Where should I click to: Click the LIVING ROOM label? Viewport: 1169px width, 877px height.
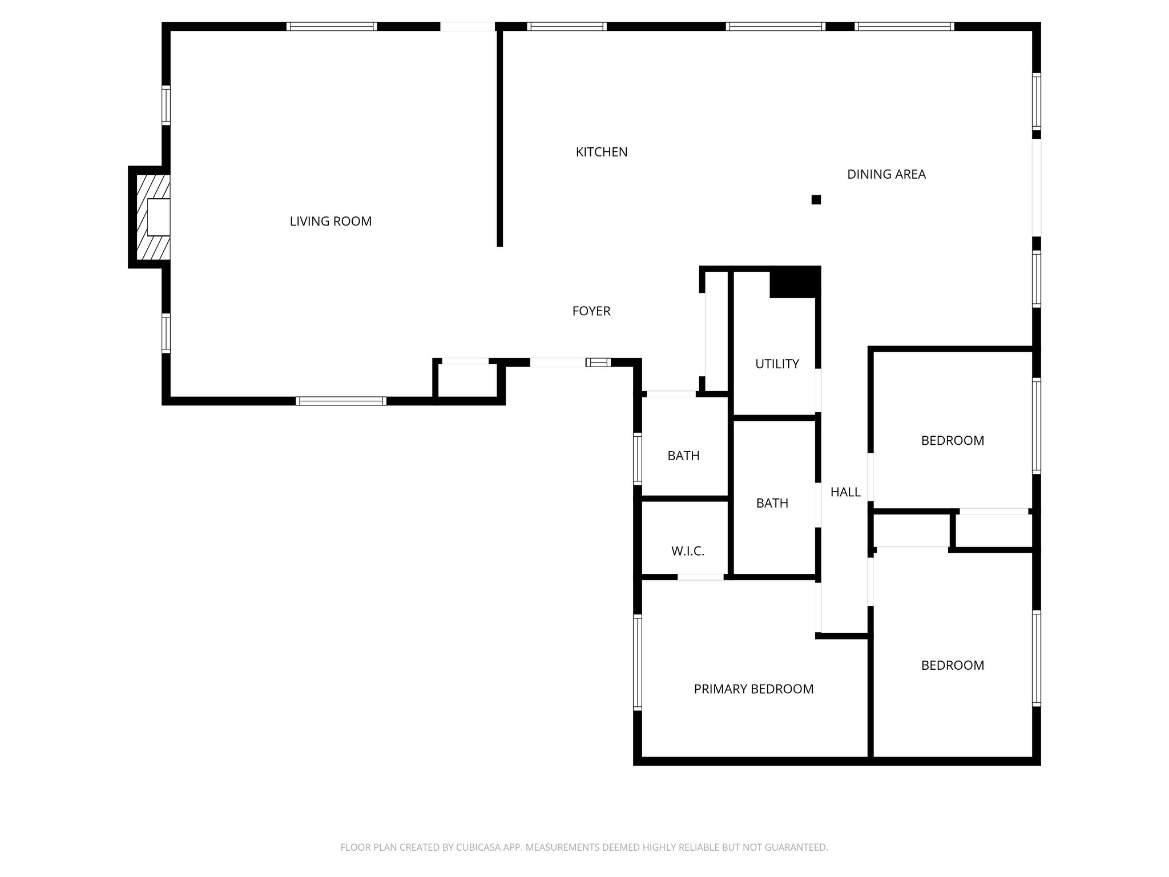click(x=330, y=222)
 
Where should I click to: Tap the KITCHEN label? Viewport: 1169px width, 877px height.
click(x=601, y=152)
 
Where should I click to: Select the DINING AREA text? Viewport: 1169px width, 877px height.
click(x=886, y=175)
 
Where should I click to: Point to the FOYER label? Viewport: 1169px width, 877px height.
click(x=591, y=311)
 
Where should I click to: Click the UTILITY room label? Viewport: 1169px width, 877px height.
click(x=777, y=364)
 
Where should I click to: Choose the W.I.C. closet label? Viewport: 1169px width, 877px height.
click(x=687, y=552)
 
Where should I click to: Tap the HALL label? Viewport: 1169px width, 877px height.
click(x=845, y=492)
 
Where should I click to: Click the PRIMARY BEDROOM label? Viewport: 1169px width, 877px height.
click(x=753, y=689)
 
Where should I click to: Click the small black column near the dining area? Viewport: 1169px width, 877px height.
click(x=816, y=200)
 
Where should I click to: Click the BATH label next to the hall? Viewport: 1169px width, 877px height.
click(x=772, y=504)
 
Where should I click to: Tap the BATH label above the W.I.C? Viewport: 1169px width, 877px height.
click(x=683, y=456)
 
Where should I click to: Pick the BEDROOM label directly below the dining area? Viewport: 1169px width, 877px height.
click(x=952, y=441)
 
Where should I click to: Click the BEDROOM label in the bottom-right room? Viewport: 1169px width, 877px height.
click(x=952, y=666)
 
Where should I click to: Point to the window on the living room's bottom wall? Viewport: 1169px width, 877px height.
click(x=341, y=401)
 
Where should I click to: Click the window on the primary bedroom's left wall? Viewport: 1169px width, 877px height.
click(x=638, y=662)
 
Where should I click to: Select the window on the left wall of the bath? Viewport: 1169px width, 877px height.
click(x=638, y=459)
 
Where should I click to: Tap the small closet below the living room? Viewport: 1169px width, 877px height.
click(x=467, y=380)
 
